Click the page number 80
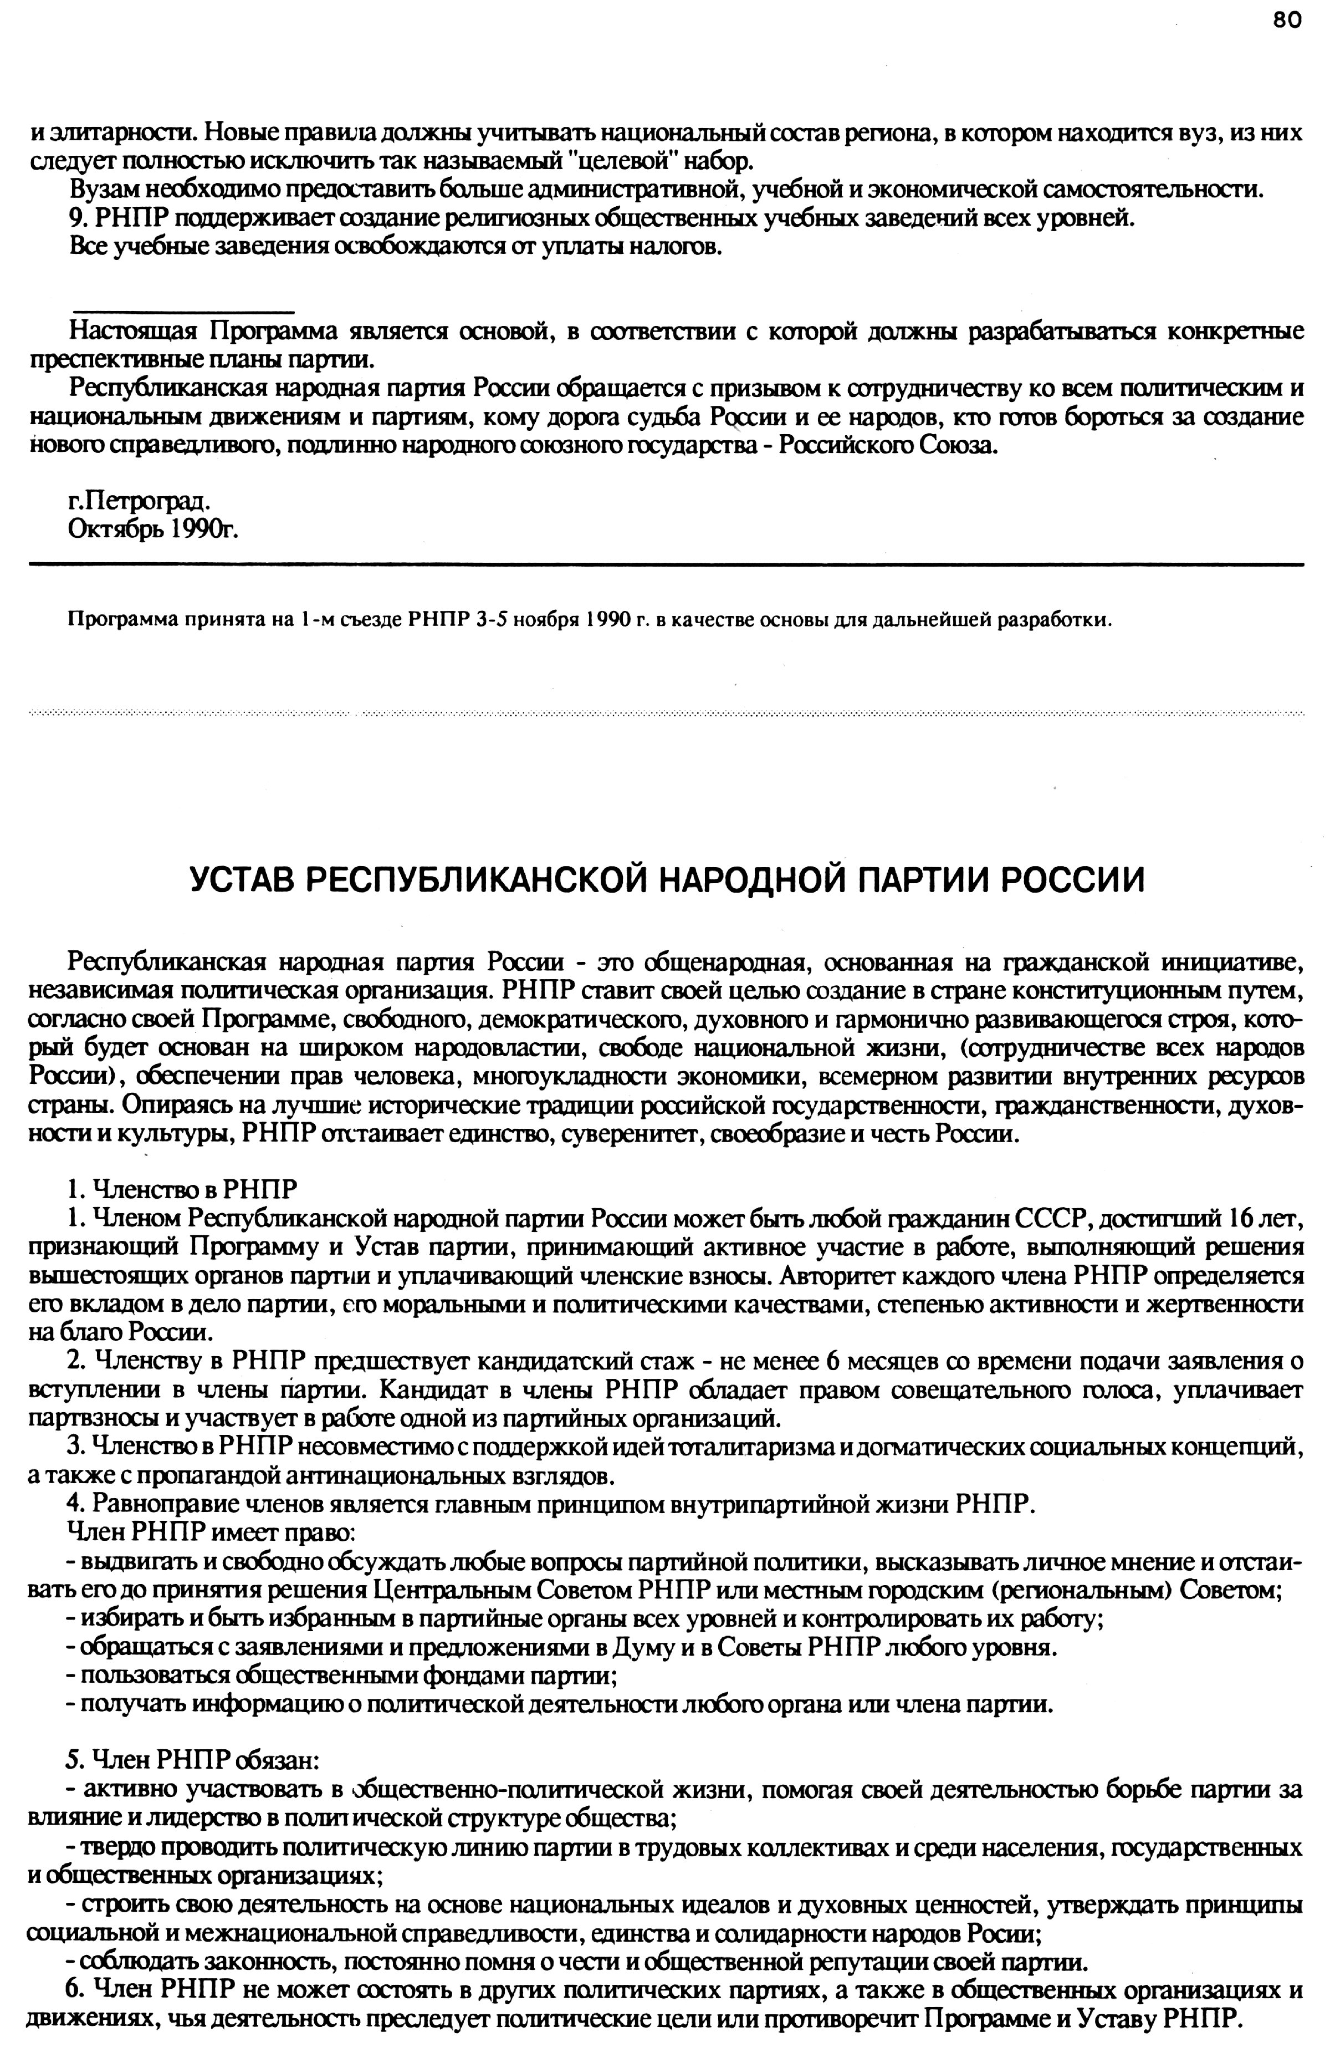click(1286, 20)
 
